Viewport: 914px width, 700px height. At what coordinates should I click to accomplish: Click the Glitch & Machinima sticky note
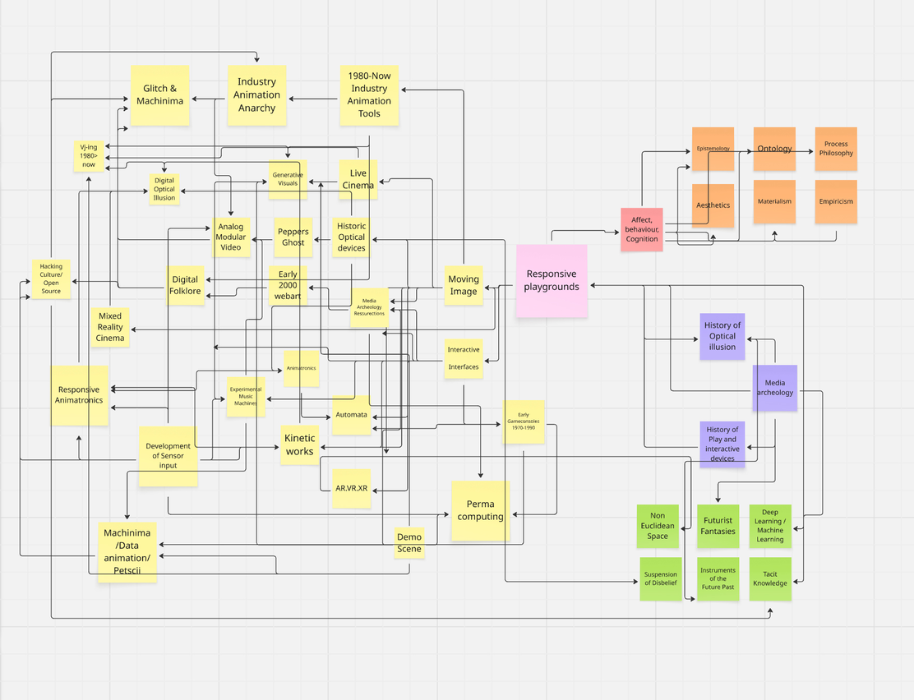click(160, 94)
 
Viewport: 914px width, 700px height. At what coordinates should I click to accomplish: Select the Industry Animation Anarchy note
click(256, 94)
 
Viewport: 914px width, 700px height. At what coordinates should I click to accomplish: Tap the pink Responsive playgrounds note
click(552, 280)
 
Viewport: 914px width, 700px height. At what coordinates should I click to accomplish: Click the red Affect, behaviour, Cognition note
click(641, 229)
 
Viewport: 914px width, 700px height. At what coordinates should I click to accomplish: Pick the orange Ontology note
click(774, 149)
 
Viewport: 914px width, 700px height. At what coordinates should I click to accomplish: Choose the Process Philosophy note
click(836, 149)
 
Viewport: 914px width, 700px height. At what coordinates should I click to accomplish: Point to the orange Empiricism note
click(836, 201)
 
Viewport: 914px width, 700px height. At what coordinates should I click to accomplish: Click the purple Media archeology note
click(775, 388)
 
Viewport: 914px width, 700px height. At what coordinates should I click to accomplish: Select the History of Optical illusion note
click(722, 336)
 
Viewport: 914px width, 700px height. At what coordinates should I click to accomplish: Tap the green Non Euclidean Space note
click(658, 526)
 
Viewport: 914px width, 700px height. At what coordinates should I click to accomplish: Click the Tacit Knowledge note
click(770, 578)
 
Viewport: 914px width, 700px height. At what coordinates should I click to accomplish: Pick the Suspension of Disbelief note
click(661, 578)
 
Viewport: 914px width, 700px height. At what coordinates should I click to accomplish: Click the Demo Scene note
click(409, 543)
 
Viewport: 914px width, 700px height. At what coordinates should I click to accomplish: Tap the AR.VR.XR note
click(352, 488)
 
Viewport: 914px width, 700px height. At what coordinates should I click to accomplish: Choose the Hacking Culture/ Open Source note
click(51, 279)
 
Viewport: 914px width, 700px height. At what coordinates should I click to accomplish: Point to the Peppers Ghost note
click(293, 237)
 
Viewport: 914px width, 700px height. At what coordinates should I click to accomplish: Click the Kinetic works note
click(299, 444)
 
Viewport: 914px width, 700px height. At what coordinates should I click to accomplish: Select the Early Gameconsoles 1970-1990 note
click(524, 421)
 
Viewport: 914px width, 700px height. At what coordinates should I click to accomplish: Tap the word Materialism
click(774, 201)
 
